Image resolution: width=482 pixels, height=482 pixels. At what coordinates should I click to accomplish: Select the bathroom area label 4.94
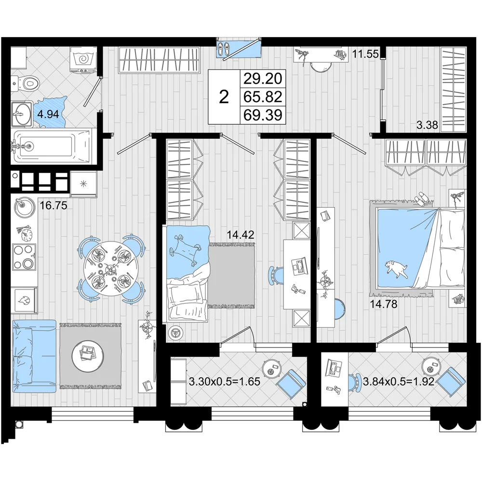point(48,114)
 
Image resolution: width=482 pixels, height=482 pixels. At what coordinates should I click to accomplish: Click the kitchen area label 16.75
point(54,205)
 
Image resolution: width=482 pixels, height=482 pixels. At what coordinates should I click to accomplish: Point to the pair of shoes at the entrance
point(224,48)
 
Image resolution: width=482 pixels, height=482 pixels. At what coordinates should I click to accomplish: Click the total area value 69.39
point(263,115)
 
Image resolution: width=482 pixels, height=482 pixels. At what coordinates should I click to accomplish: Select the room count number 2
point(224,97)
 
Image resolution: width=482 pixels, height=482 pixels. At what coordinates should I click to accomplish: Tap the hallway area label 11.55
point(365,54)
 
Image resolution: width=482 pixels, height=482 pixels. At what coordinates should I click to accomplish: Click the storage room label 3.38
point(427,125)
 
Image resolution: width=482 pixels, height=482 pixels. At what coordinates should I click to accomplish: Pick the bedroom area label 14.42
point(241,235)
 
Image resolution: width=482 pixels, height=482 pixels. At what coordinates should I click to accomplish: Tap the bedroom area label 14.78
point(383,304)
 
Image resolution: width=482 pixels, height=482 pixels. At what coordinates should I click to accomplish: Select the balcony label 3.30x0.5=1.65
point(225,381)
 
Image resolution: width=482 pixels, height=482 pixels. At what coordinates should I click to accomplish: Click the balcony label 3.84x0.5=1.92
point(399,381)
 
